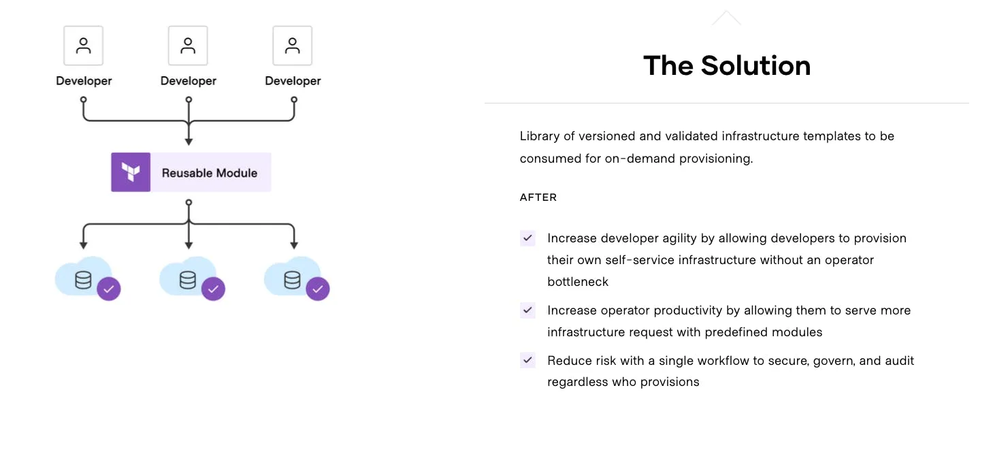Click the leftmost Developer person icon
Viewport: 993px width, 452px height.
point(84,46)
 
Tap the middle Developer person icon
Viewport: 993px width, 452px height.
point(188,46)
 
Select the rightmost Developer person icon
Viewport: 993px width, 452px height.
point(293,46)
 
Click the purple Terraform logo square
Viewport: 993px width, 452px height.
point(131,172)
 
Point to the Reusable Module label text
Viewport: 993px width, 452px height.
point(210,173)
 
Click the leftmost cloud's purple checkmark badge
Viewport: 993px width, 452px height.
point(109,289)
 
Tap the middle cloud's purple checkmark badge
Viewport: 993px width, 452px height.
point(213,289)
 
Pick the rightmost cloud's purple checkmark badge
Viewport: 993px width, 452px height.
point(318,289)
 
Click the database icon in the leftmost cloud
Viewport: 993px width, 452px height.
point(83,280)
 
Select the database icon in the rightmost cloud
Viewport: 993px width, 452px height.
point(292,280)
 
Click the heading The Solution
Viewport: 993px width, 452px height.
point(726,66)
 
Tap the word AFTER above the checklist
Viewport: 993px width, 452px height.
point(538,197)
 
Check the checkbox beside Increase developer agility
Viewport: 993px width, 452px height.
point(527,238)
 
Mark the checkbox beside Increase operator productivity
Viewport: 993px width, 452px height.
point(527,310)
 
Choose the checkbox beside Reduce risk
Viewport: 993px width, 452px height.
point(527,360)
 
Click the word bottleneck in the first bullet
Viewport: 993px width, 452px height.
point(578,282)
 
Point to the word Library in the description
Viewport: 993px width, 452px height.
point(539,136)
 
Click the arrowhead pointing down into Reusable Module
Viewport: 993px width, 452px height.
point(189,142)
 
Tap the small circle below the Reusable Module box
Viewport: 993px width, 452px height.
point(189,202)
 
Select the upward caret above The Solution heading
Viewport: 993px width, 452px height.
point(726,18)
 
